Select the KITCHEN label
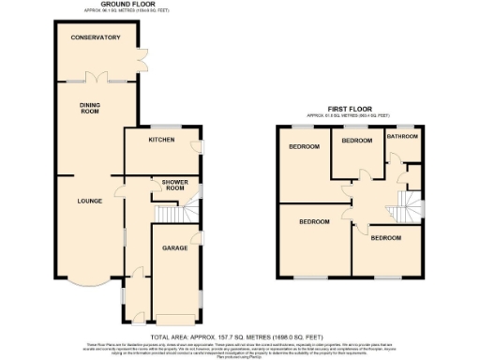coord(163,140)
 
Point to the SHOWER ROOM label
coord(174,185)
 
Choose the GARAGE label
coord(174,249)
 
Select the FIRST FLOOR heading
coord(349,108)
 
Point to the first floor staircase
coord(409,203)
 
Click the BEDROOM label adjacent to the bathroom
coord(357,141)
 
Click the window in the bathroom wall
coord(404,124)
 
